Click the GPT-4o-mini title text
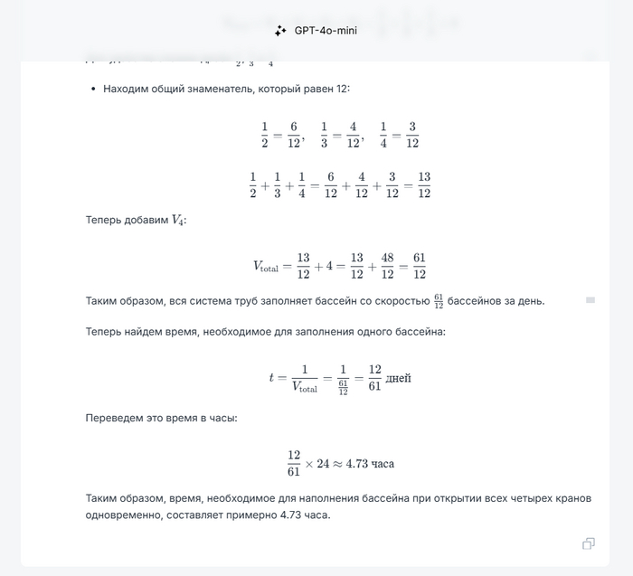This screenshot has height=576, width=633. [326, 30]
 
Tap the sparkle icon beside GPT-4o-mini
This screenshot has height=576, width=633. [281, 30]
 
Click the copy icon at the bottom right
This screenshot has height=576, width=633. [589, 543]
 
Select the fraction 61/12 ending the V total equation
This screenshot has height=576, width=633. [420, 266]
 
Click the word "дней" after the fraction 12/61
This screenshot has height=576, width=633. [399, 378]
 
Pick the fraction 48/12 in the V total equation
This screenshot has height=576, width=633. [381, 266]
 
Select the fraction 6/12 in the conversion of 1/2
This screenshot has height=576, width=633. [294, 135]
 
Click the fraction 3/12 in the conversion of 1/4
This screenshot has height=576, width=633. [411, 135]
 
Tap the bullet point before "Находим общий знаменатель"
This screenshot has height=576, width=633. [94, 90]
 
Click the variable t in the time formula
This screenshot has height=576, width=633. [271, 378]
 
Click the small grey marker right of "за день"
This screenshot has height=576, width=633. [590, 299]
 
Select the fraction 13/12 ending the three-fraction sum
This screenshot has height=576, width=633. [424, 184]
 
